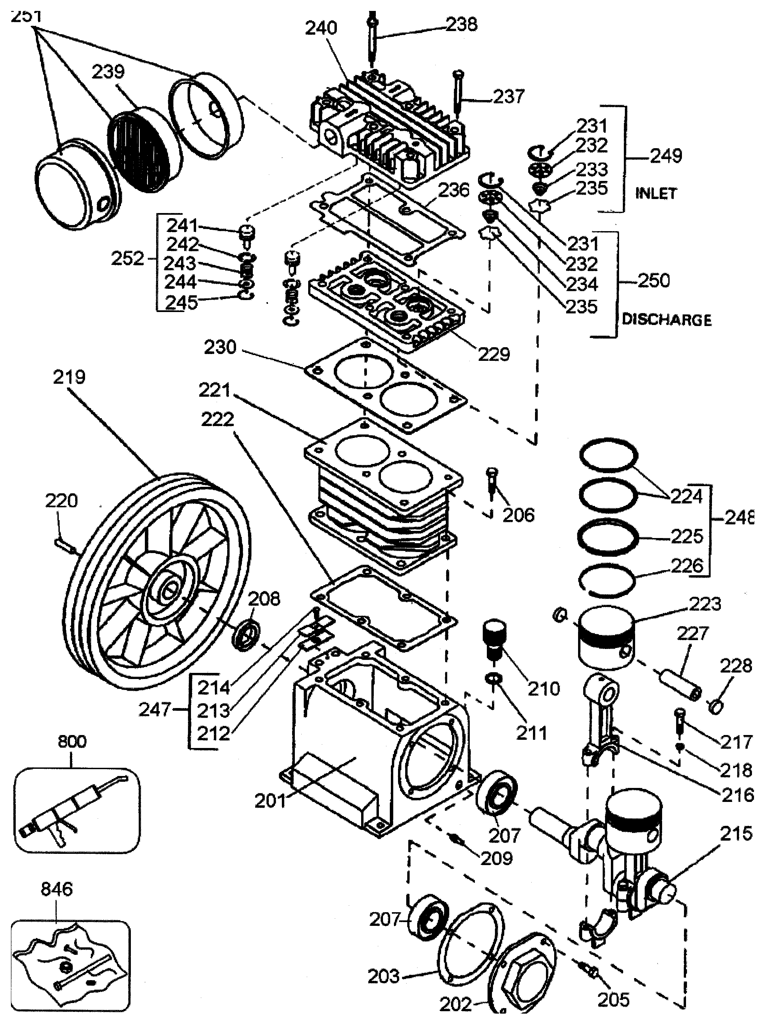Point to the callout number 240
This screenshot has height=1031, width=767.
(321, 28)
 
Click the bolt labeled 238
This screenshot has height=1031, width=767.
(373, 40)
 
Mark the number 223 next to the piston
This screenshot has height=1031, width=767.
(704, 604)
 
